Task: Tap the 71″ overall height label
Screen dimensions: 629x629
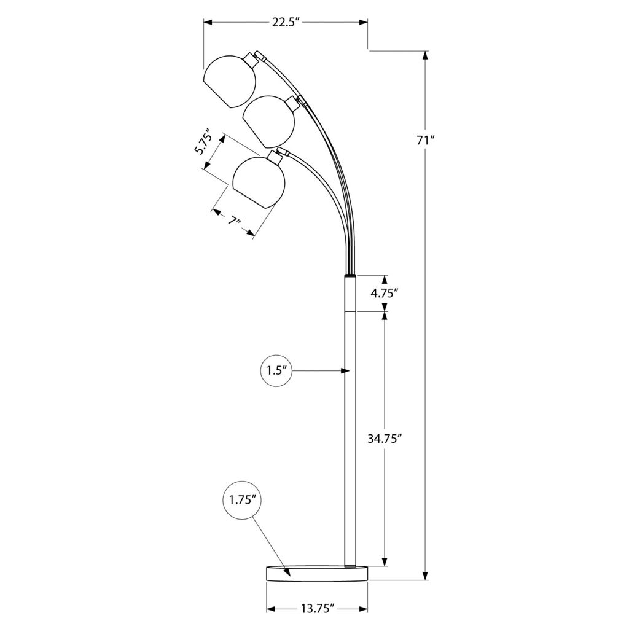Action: tap(426, 141)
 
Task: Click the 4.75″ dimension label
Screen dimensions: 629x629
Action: tap(385, 293)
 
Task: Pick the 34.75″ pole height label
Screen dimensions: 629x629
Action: tap(385, 439)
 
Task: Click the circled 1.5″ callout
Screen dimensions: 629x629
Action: tap(276, 370)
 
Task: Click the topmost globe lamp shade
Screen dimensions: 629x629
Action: tap(230, 82)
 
